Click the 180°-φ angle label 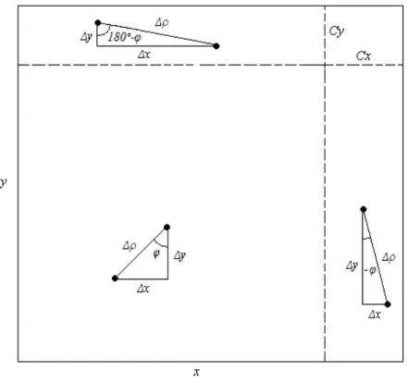click(x=125, y=37)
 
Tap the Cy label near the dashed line click(x=337, y=31)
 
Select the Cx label click(x=364, y=56)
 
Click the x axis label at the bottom click(x=196, y=372)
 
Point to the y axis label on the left click(x=4, y=182)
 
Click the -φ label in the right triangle click(x=370, y=270)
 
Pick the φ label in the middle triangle click(x=156, y=253)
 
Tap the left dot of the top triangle click(x=98, y=22)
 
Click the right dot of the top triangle click(x=216, y=46)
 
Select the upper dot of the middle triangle click(x=167, y=228)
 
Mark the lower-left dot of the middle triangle click(x=115, y=278)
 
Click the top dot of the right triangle click(x=364, y=209)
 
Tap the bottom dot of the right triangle click(x=388, y=304)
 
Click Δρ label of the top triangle click(x=162, y=22)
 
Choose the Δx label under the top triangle click(x=144, y=55)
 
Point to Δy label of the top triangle click(x=86, y=37)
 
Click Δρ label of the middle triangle click(x=130, y=246)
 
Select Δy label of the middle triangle click(x=179, y=255)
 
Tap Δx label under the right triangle click(x=375, y=315)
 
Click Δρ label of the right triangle click(x=389, y=257)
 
